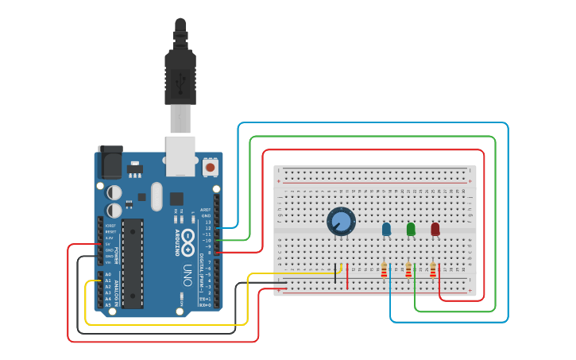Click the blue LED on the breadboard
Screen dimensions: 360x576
[387, 229]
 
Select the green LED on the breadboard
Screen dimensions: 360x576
[411, 229]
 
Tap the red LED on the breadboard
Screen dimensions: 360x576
[435, 229]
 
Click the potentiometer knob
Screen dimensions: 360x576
[341, 221]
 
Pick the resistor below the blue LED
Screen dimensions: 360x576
[384, 271]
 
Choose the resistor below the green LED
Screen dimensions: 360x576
[408, 271]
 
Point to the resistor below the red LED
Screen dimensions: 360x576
[433, 271]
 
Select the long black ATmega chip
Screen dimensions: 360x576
[133, 263]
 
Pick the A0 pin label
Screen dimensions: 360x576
[108, 274]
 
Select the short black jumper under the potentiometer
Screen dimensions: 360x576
[335, 275]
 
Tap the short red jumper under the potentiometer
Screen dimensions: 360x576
[346, 275]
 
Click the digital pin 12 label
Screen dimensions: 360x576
[207, 228]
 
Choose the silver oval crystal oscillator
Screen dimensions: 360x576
[156, 196]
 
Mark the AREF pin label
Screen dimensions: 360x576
[206, 210]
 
